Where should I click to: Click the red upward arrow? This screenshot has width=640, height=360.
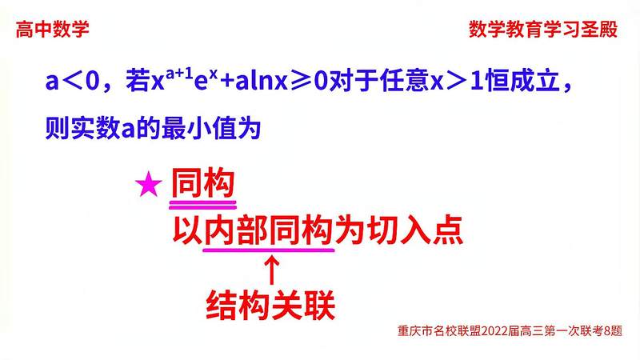[271, 270]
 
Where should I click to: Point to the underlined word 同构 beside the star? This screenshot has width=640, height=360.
[202, 186]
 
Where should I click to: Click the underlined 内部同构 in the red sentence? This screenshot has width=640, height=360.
[267, 231]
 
